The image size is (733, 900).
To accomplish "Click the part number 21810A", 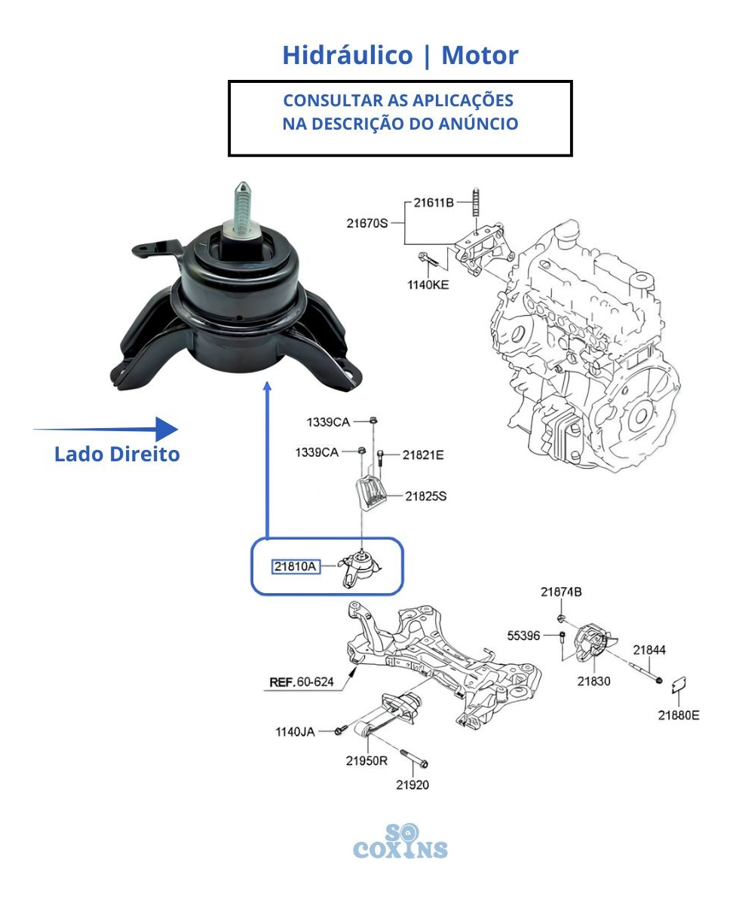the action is click(x=296, y=567).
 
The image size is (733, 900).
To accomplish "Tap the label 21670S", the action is click(x=367, y=222).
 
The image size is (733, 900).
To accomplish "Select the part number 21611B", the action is click(x=434, y=202).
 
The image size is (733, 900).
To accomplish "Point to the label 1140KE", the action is click(x=428, y=285).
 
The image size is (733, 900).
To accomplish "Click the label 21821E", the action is click(x=423, y=455).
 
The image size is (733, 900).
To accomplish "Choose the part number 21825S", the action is click(x=425, y=496).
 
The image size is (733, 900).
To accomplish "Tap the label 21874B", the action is click(x=561, y=592).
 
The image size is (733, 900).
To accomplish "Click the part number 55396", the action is click(x=523, y=635).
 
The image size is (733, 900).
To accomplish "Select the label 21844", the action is click(x=649, y=650).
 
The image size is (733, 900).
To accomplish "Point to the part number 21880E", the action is click(x=679, y=715).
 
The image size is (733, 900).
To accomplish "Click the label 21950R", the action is click(x=366, y=761).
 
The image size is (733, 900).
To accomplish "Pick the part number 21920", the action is click(x=413, y=785).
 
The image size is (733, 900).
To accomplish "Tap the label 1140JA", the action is click(x=295, y=732).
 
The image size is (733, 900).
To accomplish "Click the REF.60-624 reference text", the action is click(x=302, y=682).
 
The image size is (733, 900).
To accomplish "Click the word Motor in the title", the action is click(x=480, y=55).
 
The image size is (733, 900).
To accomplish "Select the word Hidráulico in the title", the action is click(x=348, y=55).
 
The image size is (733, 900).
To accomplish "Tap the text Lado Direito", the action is click(x=117, y=454).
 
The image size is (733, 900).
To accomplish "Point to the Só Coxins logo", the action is click(x=400, y=841).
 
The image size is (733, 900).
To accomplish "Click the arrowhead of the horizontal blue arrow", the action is click(x=167, y=429).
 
